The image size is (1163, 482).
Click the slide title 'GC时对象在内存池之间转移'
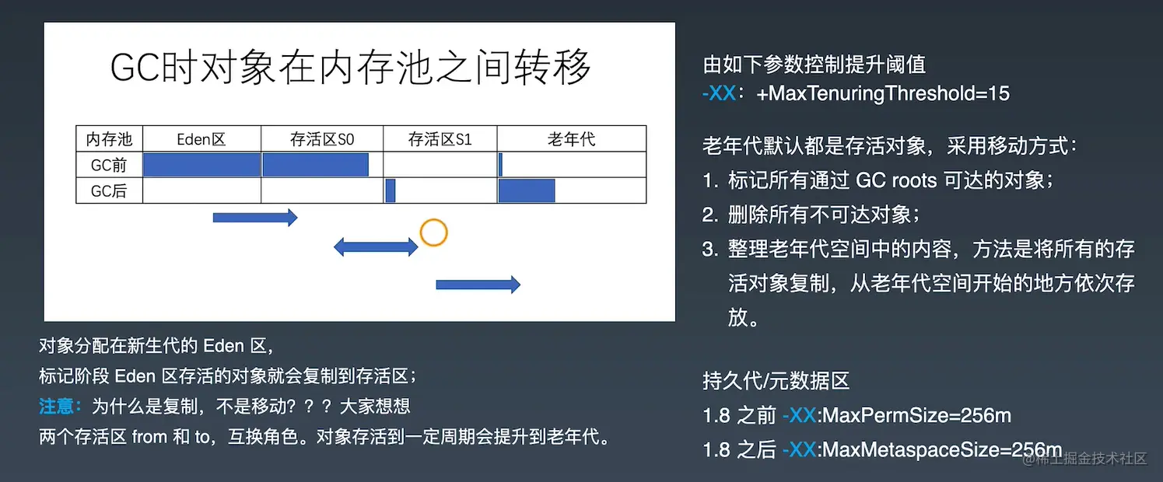[x=351, y=68]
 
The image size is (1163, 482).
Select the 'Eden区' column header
[x=201, y=140]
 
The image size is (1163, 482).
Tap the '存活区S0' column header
[x=322, y=140]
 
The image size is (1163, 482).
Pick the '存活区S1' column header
[x=440, y=140]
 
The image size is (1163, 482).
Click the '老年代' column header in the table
[x=571, y=140]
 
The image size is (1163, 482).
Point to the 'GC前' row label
[x=109, y=165]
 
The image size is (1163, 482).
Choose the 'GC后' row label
[x=109, y=190]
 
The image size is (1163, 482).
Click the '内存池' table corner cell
[x=109, y=140]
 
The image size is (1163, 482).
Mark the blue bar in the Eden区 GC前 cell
[x=201, y=165]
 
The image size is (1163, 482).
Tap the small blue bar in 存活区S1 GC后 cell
[x=391, y=190]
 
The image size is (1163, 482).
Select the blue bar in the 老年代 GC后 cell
[x=527, y=190]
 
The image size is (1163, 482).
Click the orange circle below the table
[x=433, y=232]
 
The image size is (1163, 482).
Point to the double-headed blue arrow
[x=376, y=247]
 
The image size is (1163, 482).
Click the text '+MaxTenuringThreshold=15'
[x=882, y=94]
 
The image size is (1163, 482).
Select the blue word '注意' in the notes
[x=60, y=406]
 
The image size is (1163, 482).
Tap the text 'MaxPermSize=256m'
[x=916, y=415]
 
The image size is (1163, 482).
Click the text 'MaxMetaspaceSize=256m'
[x=942, y=449]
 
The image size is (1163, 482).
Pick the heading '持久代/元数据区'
[x=776, y=381]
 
